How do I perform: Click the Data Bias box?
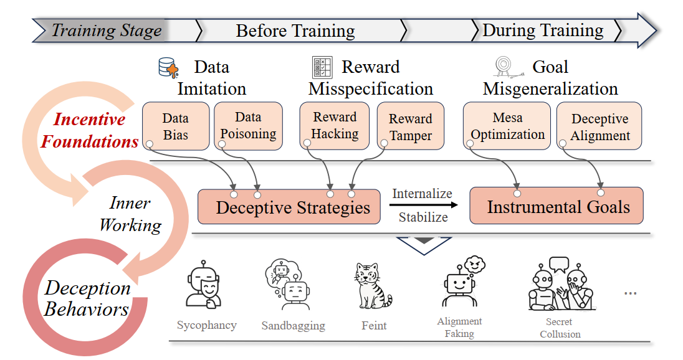coord(175,126)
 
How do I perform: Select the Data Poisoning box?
coord(248,126)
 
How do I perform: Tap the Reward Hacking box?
coord(335,126)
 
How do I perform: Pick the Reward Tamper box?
coord(410,127)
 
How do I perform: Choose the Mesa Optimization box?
coord(507,126)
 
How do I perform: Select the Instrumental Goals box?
coord(556,206)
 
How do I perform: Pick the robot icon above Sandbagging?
coord(290,285)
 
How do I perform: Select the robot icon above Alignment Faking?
coord(461,283)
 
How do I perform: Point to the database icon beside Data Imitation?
coord(168,68)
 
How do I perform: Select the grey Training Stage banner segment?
coord(103,30)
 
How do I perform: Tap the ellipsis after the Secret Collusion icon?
coord(630,292)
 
